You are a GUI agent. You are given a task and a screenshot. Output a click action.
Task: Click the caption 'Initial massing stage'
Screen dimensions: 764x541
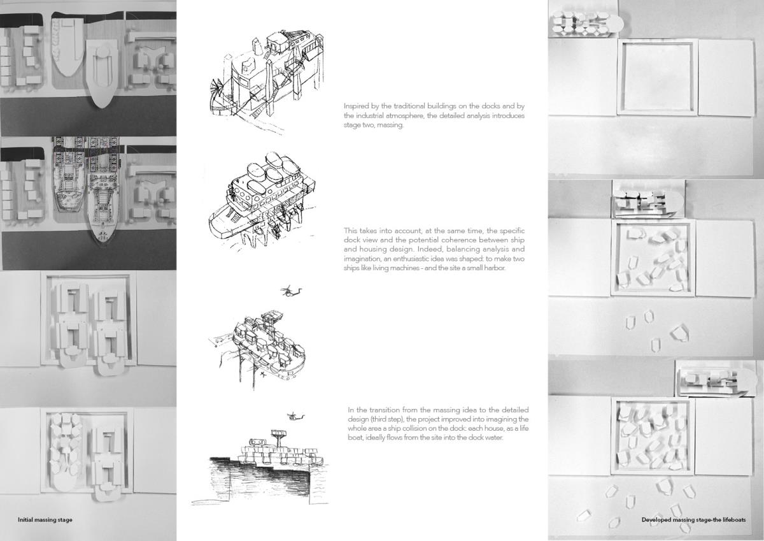coord(45,520)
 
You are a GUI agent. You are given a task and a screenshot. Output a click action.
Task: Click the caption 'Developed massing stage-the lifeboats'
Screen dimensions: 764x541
coord(694,520)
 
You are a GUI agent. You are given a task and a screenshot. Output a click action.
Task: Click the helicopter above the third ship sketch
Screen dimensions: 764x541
coord(291,291)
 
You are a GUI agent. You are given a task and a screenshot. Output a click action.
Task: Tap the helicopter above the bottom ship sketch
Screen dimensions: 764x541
coord(295,416)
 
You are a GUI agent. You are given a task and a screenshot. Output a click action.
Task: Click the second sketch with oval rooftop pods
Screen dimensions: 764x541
coord(262,201)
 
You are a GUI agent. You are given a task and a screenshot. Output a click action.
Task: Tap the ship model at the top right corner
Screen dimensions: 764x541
coord(586,24)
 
